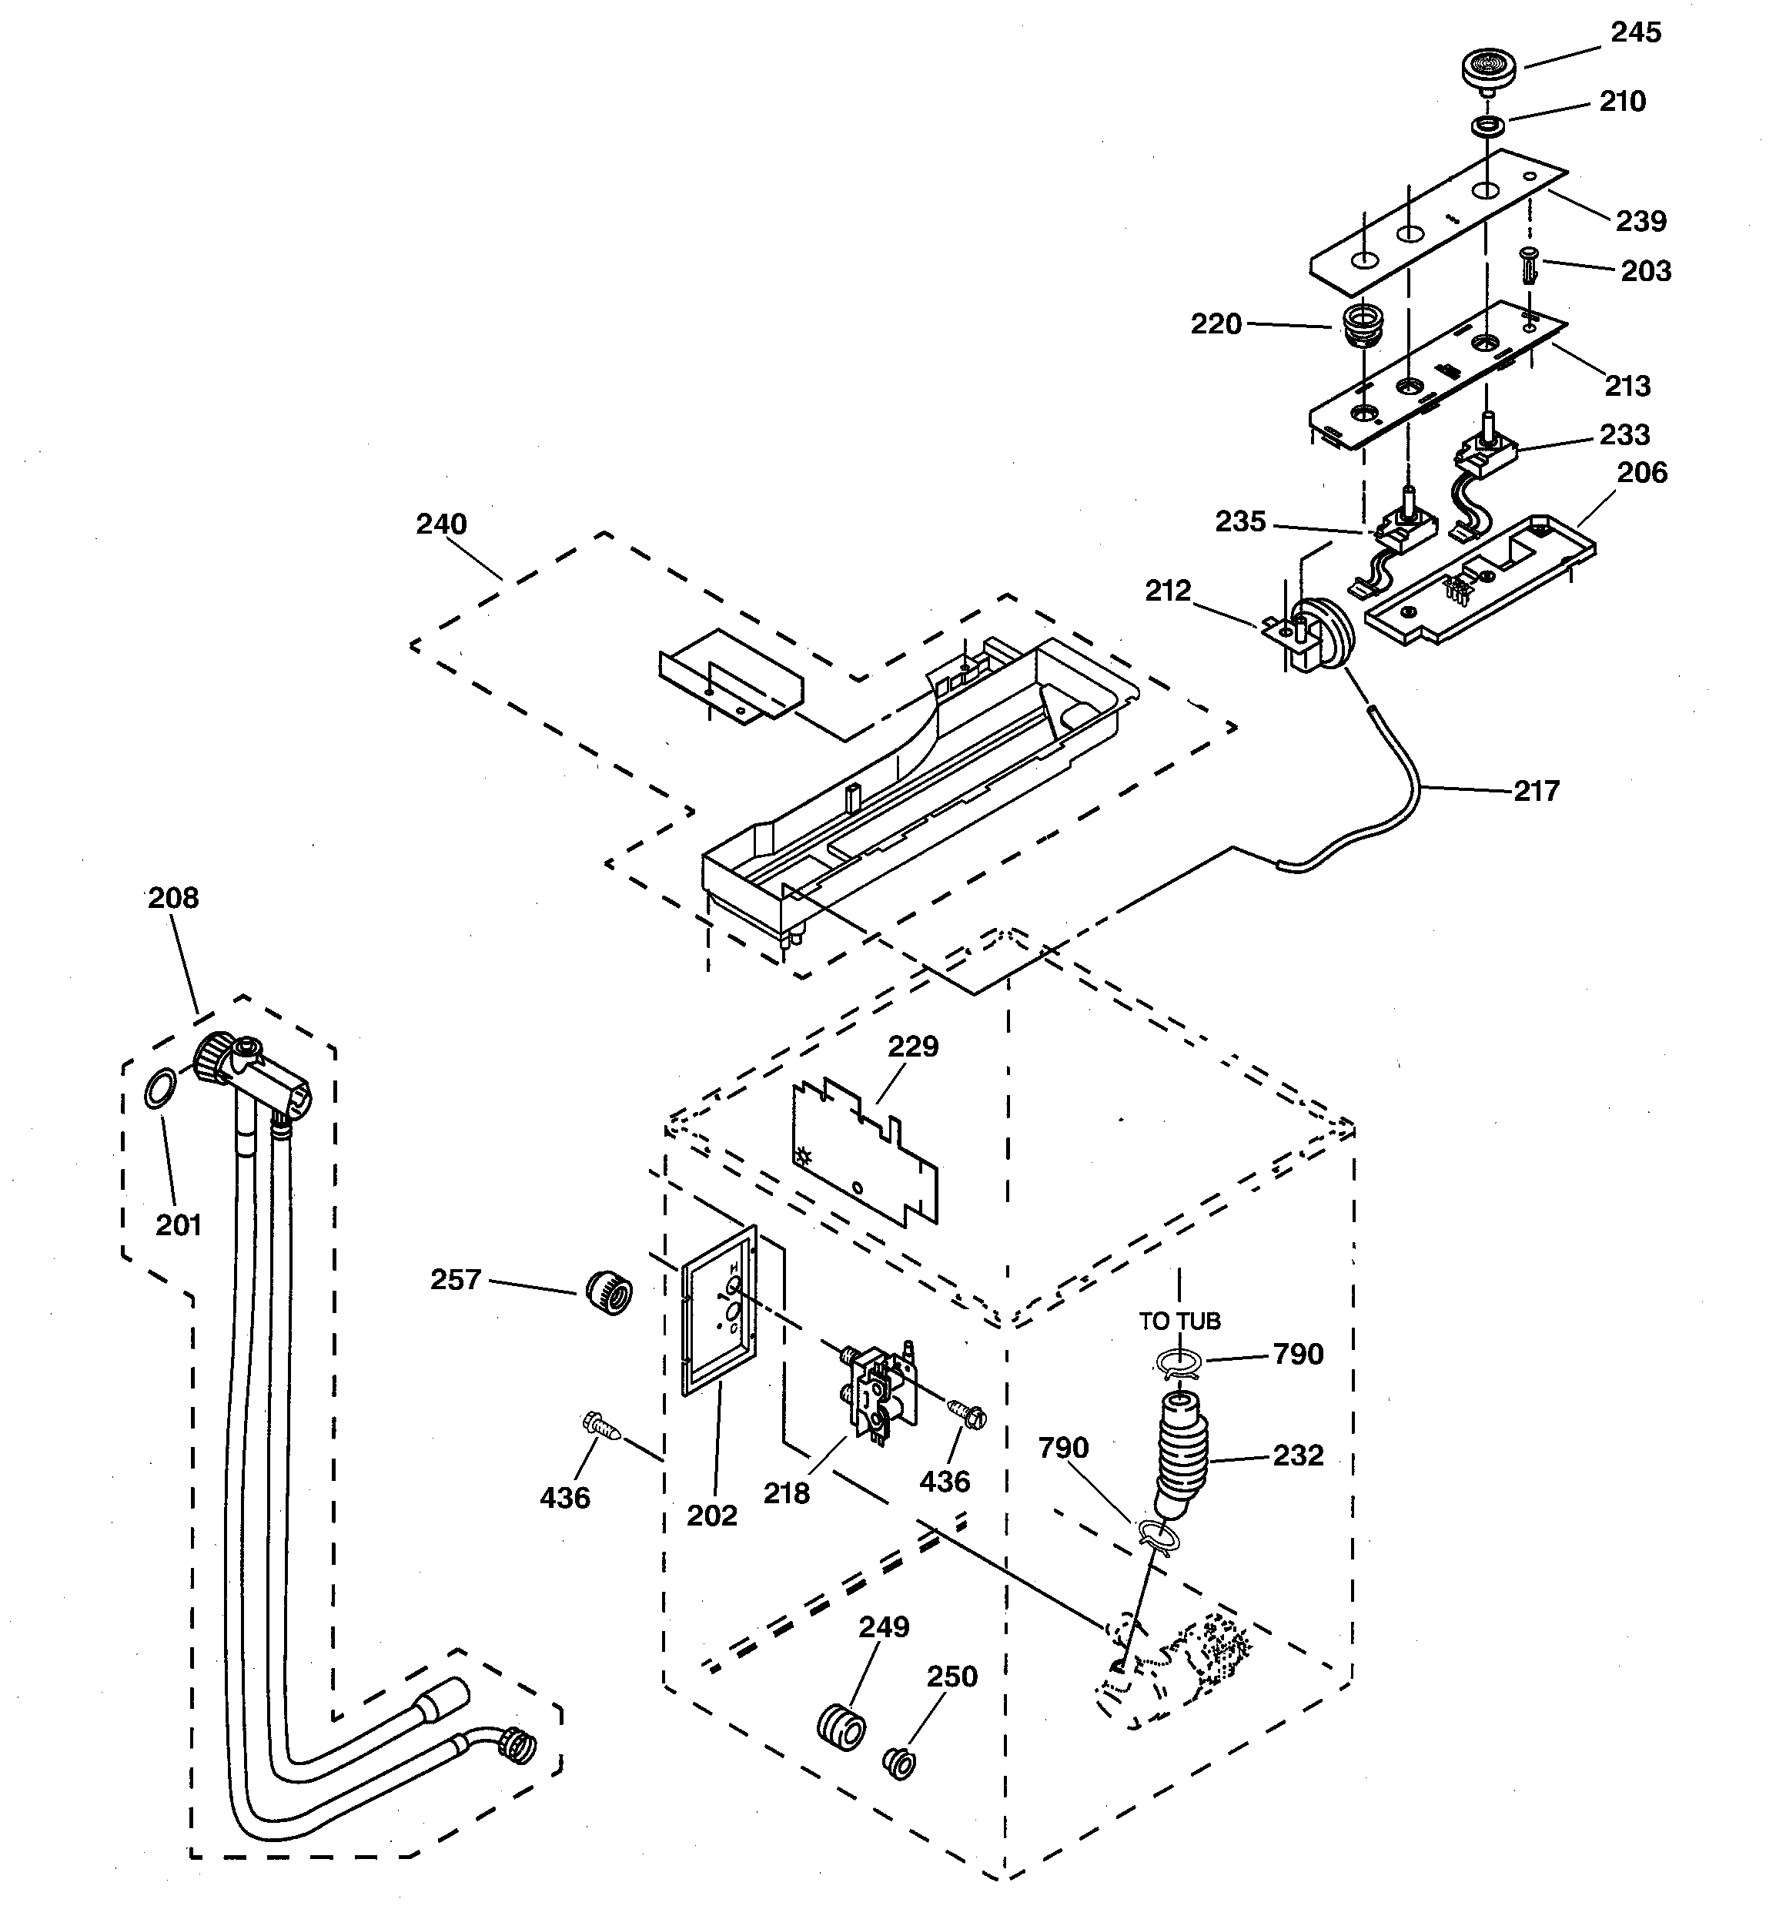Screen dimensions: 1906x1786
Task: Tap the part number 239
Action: pos(1641,222)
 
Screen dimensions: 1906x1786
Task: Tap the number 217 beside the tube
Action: pos(1536,791)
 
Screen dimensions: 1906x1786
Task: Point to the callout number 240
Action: pos(441,524)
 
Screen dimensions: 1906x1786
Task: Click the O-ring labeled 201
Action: pos(160,1089)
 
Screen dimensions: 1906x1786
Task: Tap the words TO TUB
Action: pos(1179,1321)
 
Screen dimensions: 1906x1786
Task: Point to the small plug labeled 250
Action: pos(899,1763)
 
